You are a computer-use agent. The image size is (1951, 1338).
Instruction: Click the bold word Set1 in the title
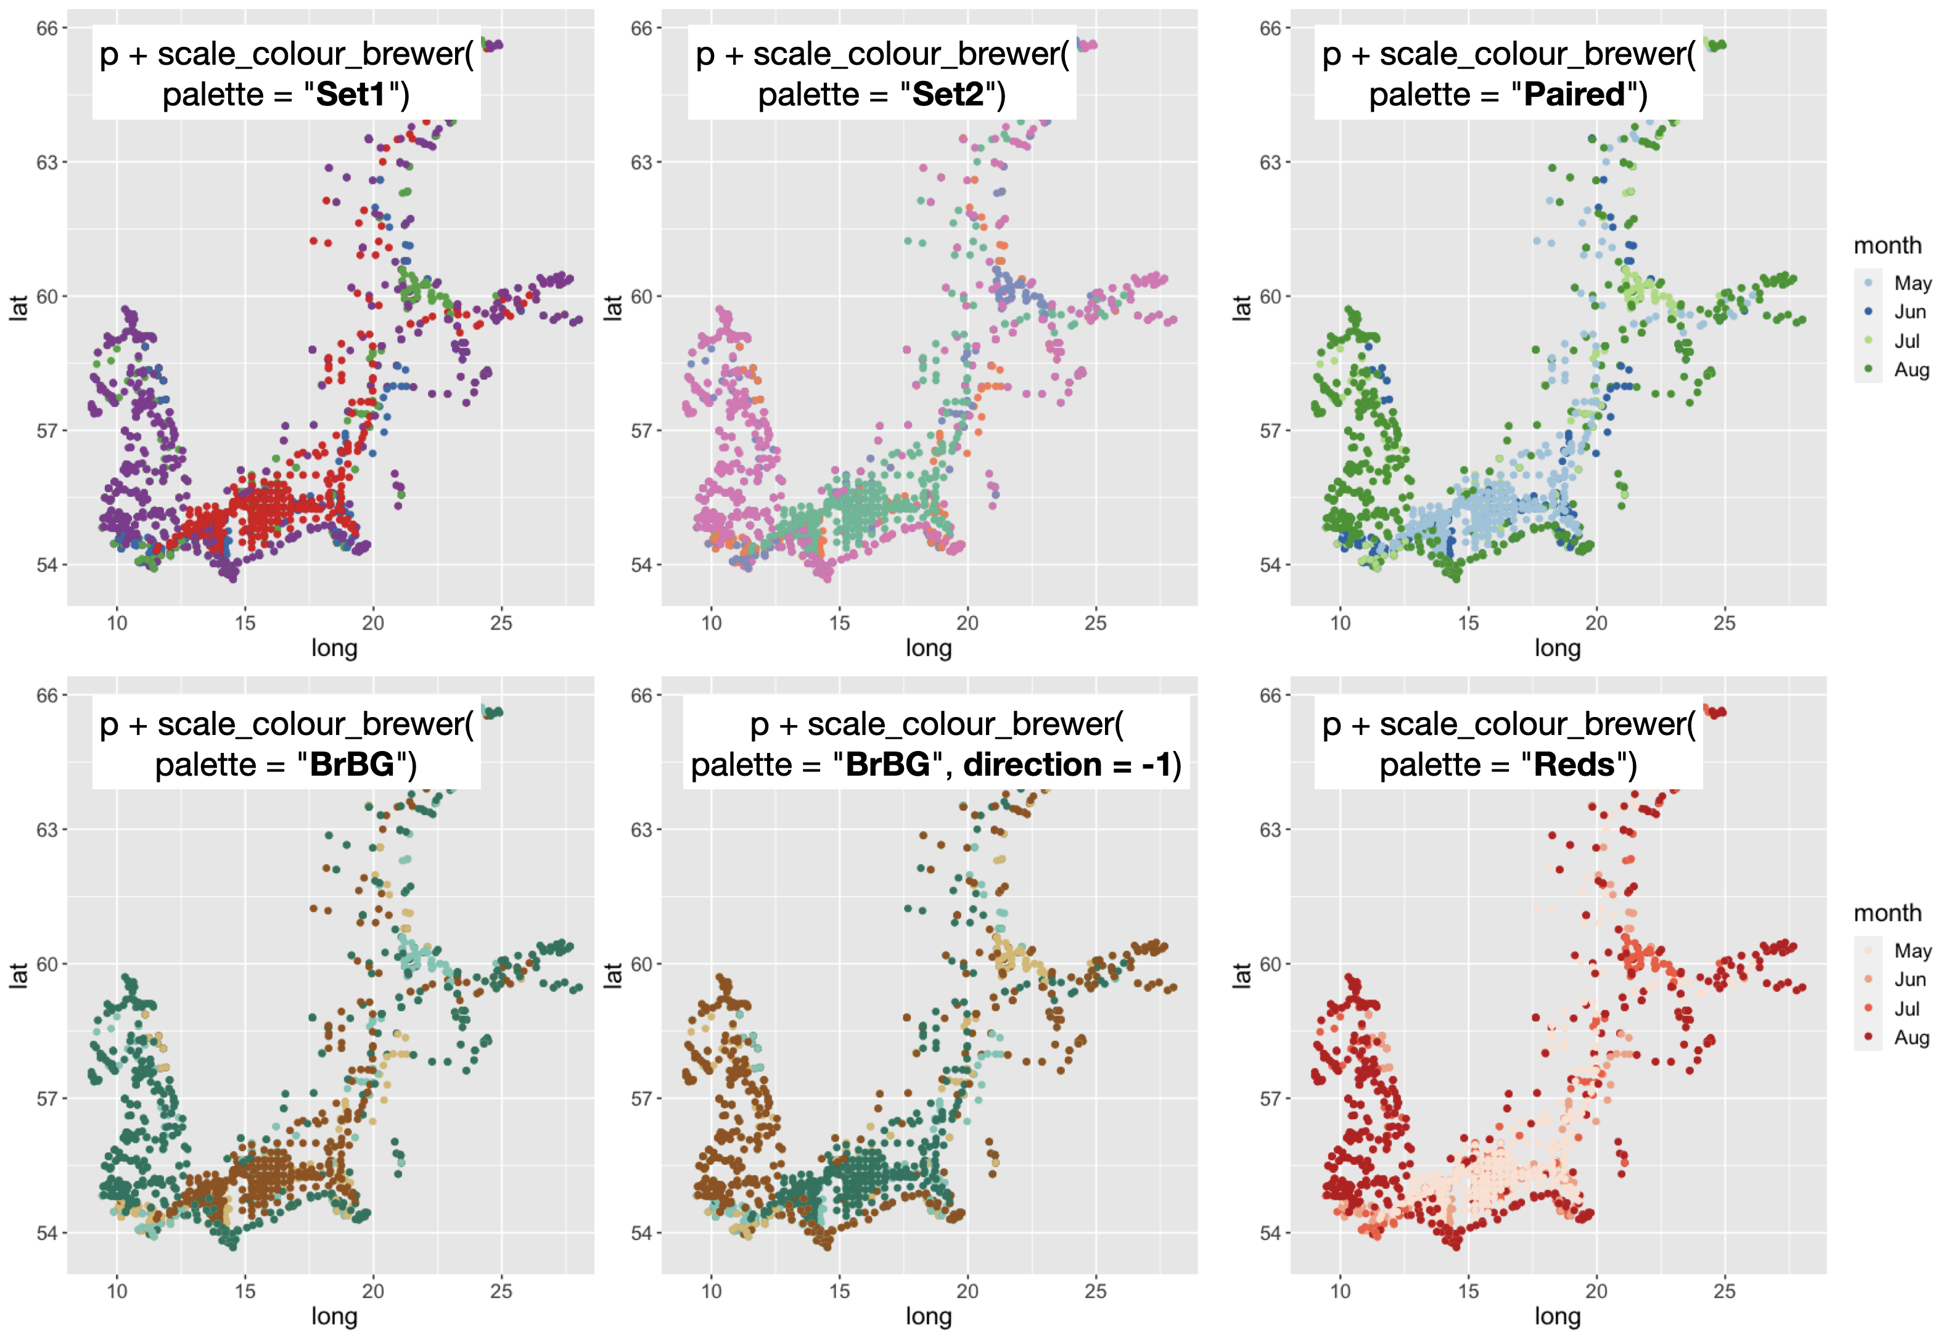pos(350,95)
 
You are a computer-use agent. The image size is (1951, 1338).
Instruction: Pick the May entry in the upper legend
pos(1912,284)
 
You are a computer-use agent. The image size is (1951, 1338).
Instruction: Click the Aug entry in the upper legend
pos(1911,370)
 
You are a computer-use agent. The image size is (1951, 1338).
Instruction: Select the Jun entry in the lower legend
pos(1909,980)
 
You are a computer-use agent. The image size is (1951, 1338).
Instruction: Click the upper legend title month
pos(1887,246)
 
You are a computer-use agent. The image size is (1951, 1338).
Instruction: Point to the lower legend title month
pos(1887,913)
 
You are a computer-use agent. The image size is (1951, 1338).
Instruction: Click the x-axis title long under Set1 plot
pos(334,648)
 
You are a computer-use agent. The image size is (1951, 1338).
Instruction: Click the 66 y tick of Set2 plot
pos(641,28)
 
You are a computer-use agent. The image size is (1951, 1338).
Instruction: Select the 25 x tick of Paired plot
pos(1723,623)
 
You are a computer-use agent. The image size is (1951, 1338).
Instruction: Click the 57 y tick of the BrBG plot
pos(46,1099)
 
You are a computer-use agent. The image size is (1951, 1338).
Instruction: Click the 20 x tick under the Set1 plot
pos(372,623)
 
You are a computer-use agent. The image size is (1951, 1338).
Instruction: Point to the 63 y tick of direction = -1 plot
pos(641,830)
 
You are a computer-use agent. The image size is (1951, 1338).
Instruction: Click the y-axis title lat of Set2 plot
pos(613,307)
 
